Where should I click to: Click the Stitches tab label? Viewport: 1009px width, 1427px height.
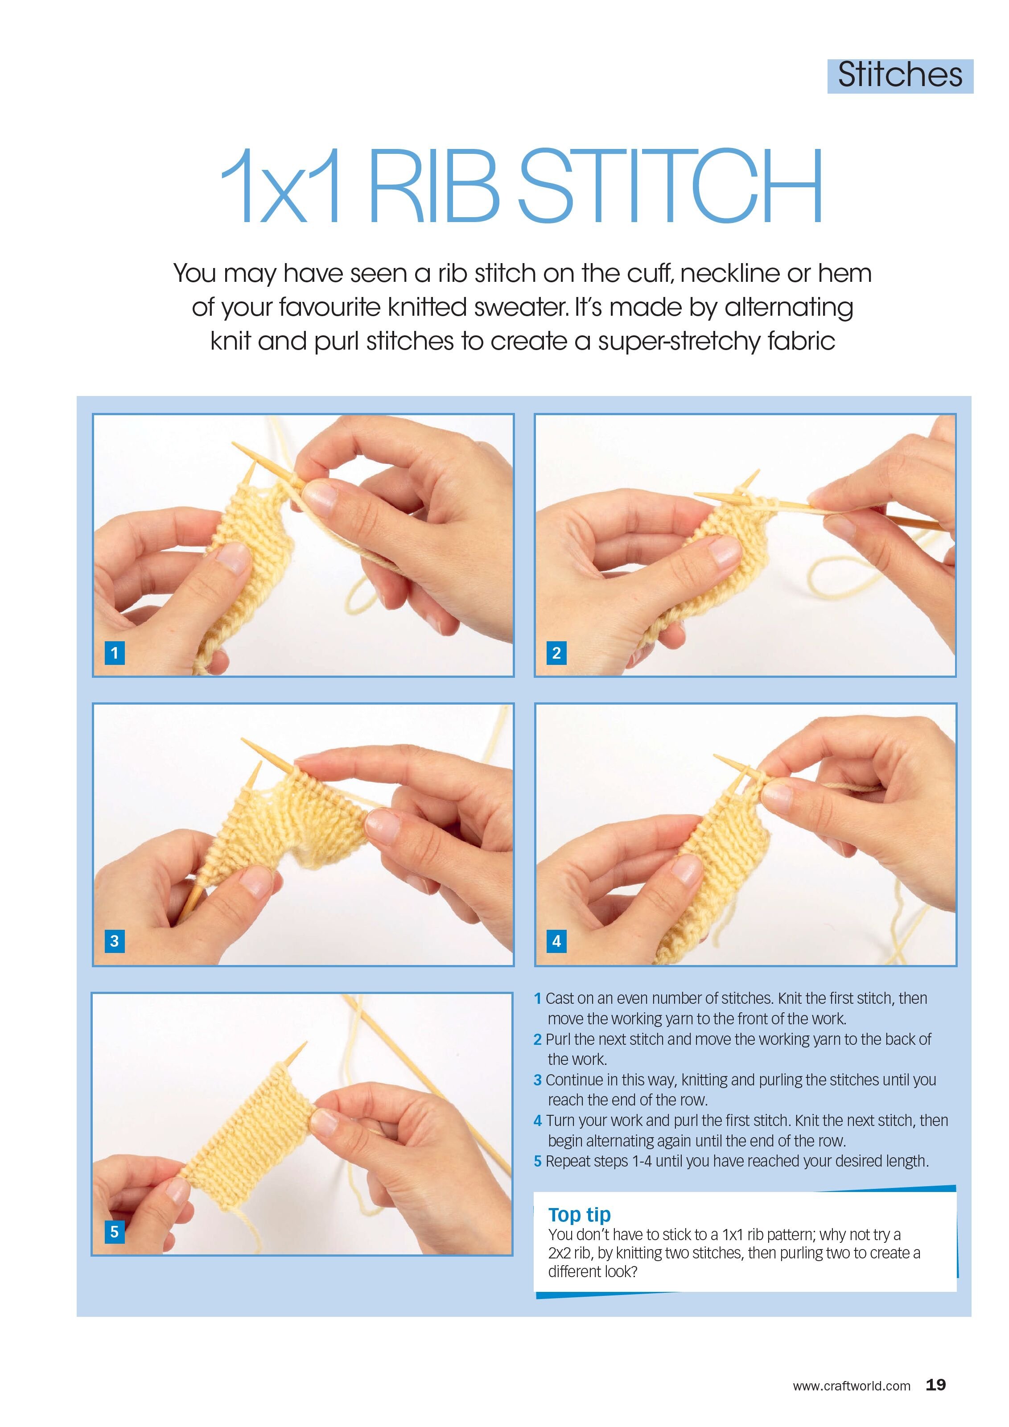900,76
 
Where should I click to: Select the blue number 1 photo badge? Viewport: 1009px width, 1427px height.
114,652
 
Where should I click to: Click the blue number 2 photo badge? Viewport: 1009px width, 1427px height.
556,652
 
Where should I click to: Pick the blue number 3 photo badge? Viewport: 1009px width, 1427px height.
114,941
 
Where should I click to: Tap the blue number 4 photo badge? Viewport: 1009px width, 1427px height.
556,941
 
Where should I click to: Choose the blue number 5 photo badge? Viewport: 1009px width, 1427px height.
114,1231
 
